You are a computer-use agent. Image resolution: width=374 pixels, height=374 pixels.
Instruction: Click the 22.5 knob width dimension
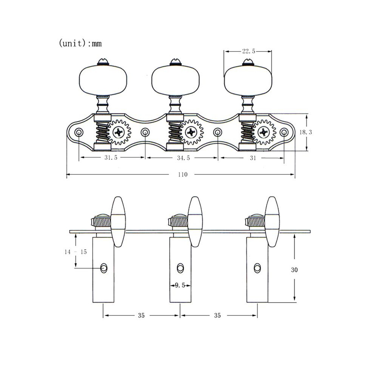click(x=249, y=51)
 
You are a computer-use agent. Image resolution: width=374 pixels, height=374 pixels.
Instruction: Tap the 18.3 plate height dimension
click(x=306, y=132)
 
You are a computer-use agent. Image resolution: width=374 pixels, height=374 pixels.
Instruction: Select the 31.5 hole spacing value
click(x=111, y=158)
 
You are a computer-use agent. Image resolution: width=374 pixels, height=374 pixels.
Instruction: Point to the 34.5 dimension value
click(x=184, y=158)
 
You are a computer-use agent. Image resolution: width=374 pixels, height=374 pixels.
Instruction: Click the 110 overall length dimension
click(x=183, y=175)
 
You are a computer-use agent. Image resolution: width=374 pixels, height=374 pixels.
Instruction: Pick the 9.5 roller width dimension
click(x=180, y=285)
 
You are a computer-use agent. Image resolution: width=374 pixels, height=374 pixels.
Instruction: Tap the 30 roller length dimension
click(x=294, y=270)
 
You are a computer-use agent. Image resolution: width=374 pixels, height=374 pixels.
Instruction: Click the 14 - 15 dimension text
click(x=76, y=252)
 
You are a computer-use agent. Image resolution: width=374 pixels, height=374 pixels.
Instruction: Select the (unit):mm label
click(x=80, y=43)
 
